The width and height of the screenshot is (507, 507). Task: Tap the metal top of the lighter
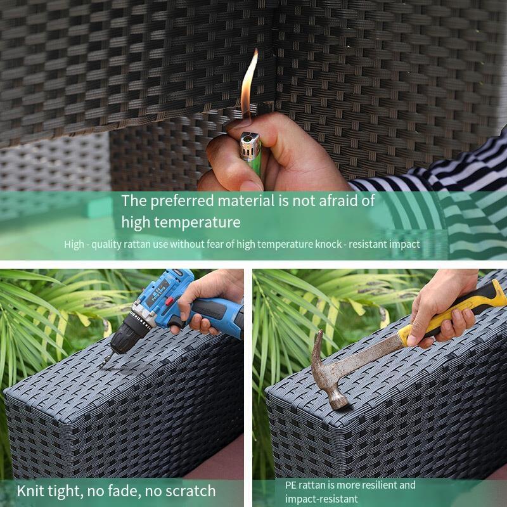click(249, 146)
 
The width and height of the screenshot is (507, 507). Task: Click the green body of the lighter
click(256, 167)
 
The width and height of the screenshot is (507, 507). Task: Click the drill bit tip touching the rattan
click(103, 366)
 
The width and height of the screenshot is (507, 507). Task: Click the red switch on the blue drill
click(169, 302)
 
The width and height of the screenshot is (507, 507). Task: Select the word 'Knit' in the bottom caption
click(31, 491)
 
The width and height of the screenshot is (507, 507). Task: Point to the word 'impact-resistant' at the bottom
click(321, 499)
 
